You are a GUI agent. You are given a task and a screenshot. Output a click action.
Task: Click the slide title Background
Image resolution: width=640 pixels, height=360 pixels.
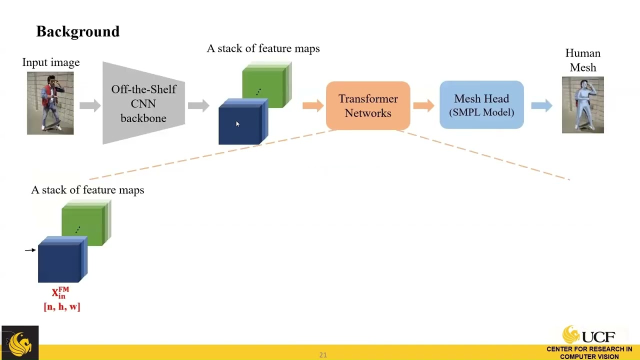[78, 31]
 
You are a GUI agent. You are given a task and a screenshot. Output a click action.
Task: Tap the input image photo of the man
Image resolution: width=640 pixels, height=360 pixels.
[50, 103]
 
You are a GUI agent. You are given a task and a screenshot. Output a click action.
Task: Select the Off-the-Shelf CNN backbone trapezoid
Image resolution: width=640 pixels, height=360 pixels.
[143, 103]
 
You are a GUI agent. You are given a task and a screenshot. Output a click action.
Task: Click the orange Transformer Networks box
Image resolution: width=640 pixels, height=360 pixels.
[368, 105]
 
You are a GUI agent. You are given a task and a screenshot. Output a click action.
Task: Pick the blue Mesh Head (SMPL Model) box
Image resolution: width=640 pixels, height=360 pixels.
[481, 105]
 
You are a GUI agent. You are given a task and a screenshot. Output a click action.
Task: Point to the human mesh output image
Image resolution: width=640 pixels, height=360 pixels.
[582, 105]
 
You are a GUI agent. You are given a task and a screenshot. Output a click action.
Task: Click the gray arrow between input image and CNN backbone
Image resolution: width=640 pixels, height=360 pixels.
[90, 105]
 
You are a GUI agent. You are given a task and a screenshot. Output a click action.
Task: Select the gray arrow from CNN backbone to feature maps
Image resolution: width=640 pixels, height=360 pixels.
[198, 105]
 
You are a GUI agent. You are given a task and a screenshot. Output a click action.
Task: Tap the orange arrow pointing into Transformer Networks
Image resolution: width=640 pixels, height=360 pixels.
[313, 105]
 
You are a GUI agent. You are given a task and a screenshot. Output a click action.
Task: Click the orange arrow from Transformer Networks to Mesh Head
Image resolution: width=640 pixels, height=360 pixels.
[424, 105]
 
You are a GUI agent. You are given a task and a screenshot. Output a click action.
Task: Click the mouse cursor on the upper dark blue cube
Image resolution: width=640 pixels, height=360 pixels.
[237, 124]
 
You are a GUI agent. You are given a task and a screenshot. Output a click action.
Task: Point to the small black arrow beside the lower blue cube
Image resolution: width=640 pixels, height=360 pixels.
[30, 249]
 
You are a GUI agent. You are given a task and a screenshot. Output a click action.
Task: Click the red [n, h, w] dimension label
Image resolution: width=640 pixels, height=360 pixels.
[62, 306]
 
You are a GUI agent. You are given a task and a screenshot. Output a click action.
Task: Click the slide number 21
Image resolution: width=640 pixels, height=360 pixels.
[323, 355]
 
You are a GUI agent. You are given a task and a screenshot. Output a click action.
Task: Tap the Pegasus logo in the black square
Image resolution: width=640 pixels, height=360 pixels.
[19, 343]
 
